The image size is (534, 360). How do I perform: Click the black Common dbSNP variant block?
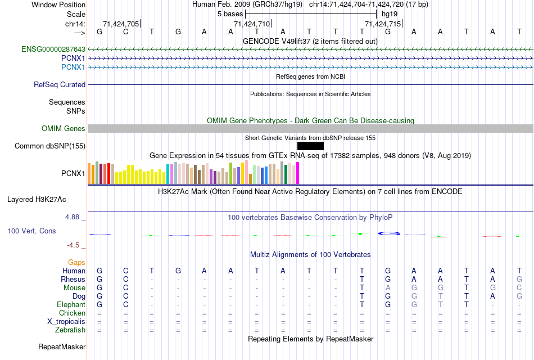(310, 146)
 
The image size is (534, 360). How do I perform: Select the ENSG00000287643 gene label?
(53, 49)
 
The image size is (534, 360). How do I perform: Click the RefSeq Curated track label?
(60, 85)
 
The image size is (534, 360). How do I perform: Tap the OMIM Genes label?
(64, 129)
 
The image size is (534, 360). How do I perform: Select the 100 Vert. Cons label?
(32, 231)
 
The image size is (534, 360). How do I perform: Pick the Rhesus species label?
(73, 280)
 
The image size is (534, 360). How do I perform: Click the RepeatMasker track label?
(62, 347)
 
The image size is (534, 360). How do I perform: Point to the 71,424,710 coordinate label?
(252, 24)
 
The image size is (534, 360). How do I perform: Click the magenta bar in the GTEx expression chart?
(298, 173)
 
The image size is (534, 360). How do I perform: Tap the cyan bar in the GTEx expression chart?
(168, 174)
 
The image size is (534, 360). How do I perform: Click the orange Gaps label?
(76, 263)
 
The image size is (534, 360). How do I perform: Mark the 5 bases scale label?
(230, 13)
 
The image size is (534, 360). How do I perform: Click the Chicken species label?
(72, 313)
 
